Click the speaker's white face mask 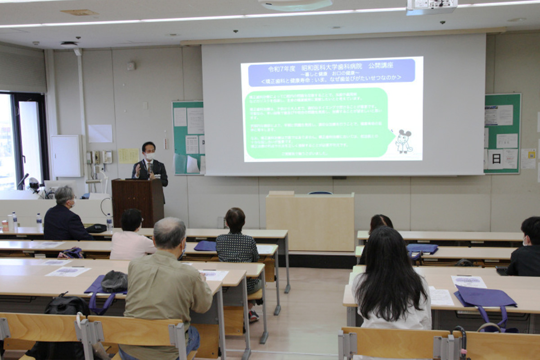pos(150,156)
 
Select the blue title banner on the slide pos(332,72)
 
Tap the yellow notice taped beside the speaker pos(129,156)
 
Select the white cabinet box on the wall pos(66,156)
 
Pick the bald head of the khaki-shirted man pos(169,232)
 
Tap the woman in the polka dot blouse pos(237,241)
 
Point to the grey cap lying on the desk pos(114,282)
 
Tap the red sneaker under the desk pos(253,316)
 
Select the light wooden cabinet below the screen pos(310,221)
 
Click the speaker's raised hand pos(138,170)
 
